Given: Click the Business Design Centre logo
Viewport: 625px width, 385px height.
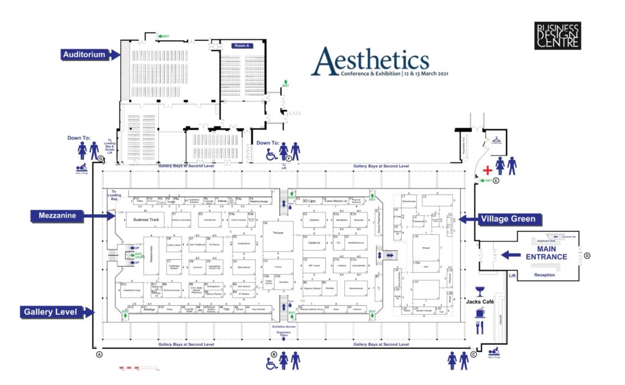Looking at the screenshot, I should (x=558, y=36).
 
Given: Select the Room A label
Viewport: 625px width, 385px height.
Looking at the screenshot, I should (x=245, y=46).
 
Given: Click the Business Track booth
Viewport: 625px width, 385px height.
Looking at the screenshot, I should (x=146, y=220).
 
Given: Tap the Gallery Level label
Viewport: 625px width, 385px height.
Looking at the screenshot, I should (x=50, y=312).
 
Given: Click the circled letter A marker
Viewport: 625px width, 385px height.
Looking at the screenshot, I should (x=99, y=354).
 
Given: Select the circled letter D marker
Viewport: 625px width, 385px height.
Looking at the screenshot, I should (x=587, y=255).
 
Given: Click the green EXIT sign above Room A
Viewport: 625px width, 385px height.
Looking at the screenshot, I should (x=164, y=37).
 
